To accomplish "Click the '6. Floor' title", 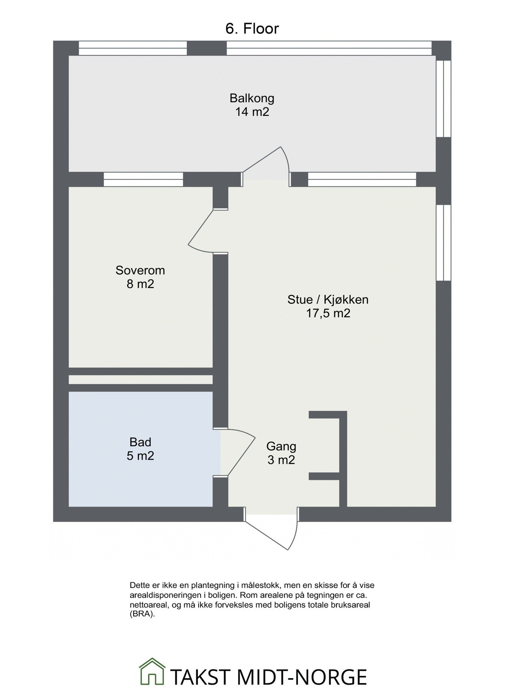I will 252,29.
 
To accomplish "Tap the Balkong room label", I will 252,98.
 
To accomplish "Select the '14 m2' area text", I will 252,112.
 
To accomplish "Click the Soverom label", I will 140,270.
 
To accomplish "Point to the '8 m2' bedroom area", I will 140,284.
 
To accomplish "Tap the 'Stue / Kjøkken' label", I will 328,299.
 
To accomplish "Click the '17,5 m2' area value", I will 328,313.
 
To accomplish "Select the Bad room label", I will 140,442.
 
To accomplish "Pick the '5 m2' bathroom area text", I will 140,456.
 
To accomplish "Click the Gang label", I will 281,446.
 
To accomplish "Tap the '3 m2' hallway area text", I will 281,460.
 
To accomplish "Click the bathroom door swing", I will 240,452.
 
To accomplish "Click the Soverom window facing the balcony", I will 143,179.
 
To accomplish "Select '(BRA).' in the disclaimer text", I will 142,614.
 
